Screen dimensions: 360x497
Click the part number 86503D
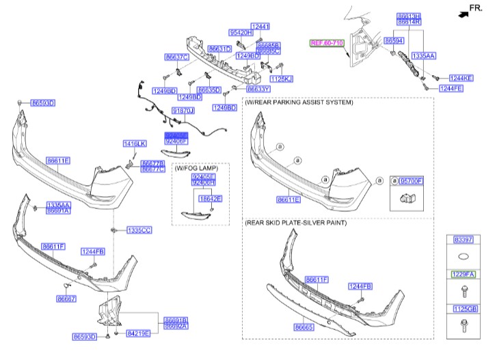tap(42, 103)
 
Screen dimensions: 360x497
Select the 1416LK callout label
tap(135, 143)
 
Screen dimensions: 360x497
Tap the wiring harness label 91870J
tap(183, 110)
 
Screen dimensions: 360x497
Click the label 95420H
tap(241, 32)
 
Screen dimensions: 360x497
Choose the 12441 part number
tap(260, 26)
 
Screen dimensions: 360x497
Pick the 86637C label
tap(176, 57)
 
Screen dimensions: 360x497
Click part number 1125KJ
tap(281, 79)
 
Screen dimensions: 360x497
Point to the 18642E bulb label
tap(210, 198)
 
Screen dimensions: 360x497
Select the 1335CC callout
tap(139, 230)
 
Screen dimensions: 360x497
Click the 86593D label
tap(85, 336)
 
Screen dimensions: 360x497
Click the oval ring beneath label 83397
tap(462, 258)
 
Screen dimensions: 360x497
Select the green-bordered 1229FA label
tap(462, 274)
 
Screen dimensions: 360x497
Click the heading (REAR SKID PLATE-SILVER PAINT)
tap(295, 223)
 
